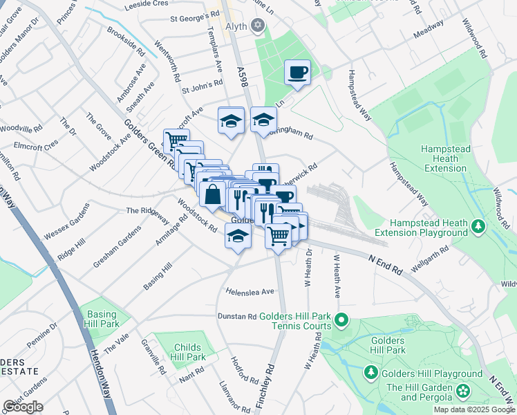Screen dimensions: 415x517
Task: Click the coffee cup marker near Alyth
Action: (x=298, y=73)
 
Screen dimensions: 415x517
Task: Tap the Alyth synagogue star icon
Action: (x=258, y=26)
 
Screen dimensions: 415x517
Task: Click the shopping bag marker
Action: (x=212, y=194)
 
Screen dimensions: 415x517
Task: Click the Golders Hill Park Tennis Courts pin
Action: (x=341, y=320)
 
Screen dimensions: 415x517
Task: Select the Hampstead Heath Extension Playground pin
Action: (x=478, y=226)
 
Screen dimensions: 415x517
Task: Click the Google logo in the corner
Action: (x=23, y=407)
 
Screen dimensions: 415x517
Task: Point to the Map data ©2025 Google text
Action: (x=474, y=409)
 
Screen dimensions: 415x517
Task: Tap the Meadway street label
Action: (x=429, y=32)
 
